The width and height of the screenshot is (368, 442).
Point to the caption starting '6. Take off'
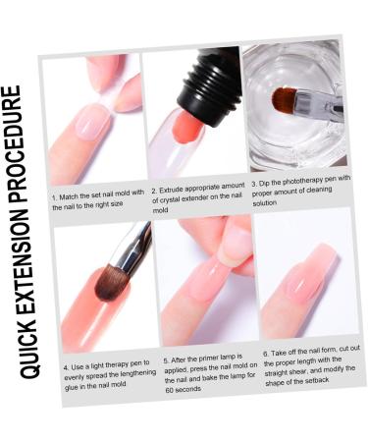[x=305, y=368]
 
